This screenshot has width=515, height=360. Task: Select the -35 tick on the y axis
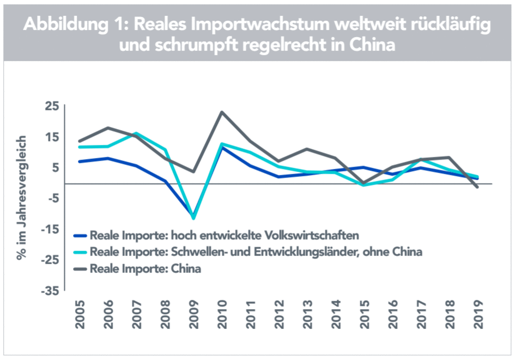pyautogui.click(x=47, y=291)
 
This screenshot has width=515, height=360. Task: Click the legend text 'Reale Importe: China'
pyautogui.click(x=146, y=268)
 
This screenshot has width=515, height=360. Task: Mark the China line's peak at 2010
pyautogui.click(x=222, y=112)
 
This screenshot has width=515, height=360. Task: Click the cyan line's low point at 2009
pyautogui.click(x=193, y=218)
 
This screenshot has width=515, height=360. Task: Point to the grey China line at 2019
pyautogui.click(x=477, y=187)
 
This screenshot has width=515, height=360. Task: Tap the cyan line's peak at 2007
pyautogui.click(x=136, y=133)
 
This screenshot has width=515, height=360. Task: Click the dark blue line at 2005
pyautogui.click(x=80, y=161)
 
